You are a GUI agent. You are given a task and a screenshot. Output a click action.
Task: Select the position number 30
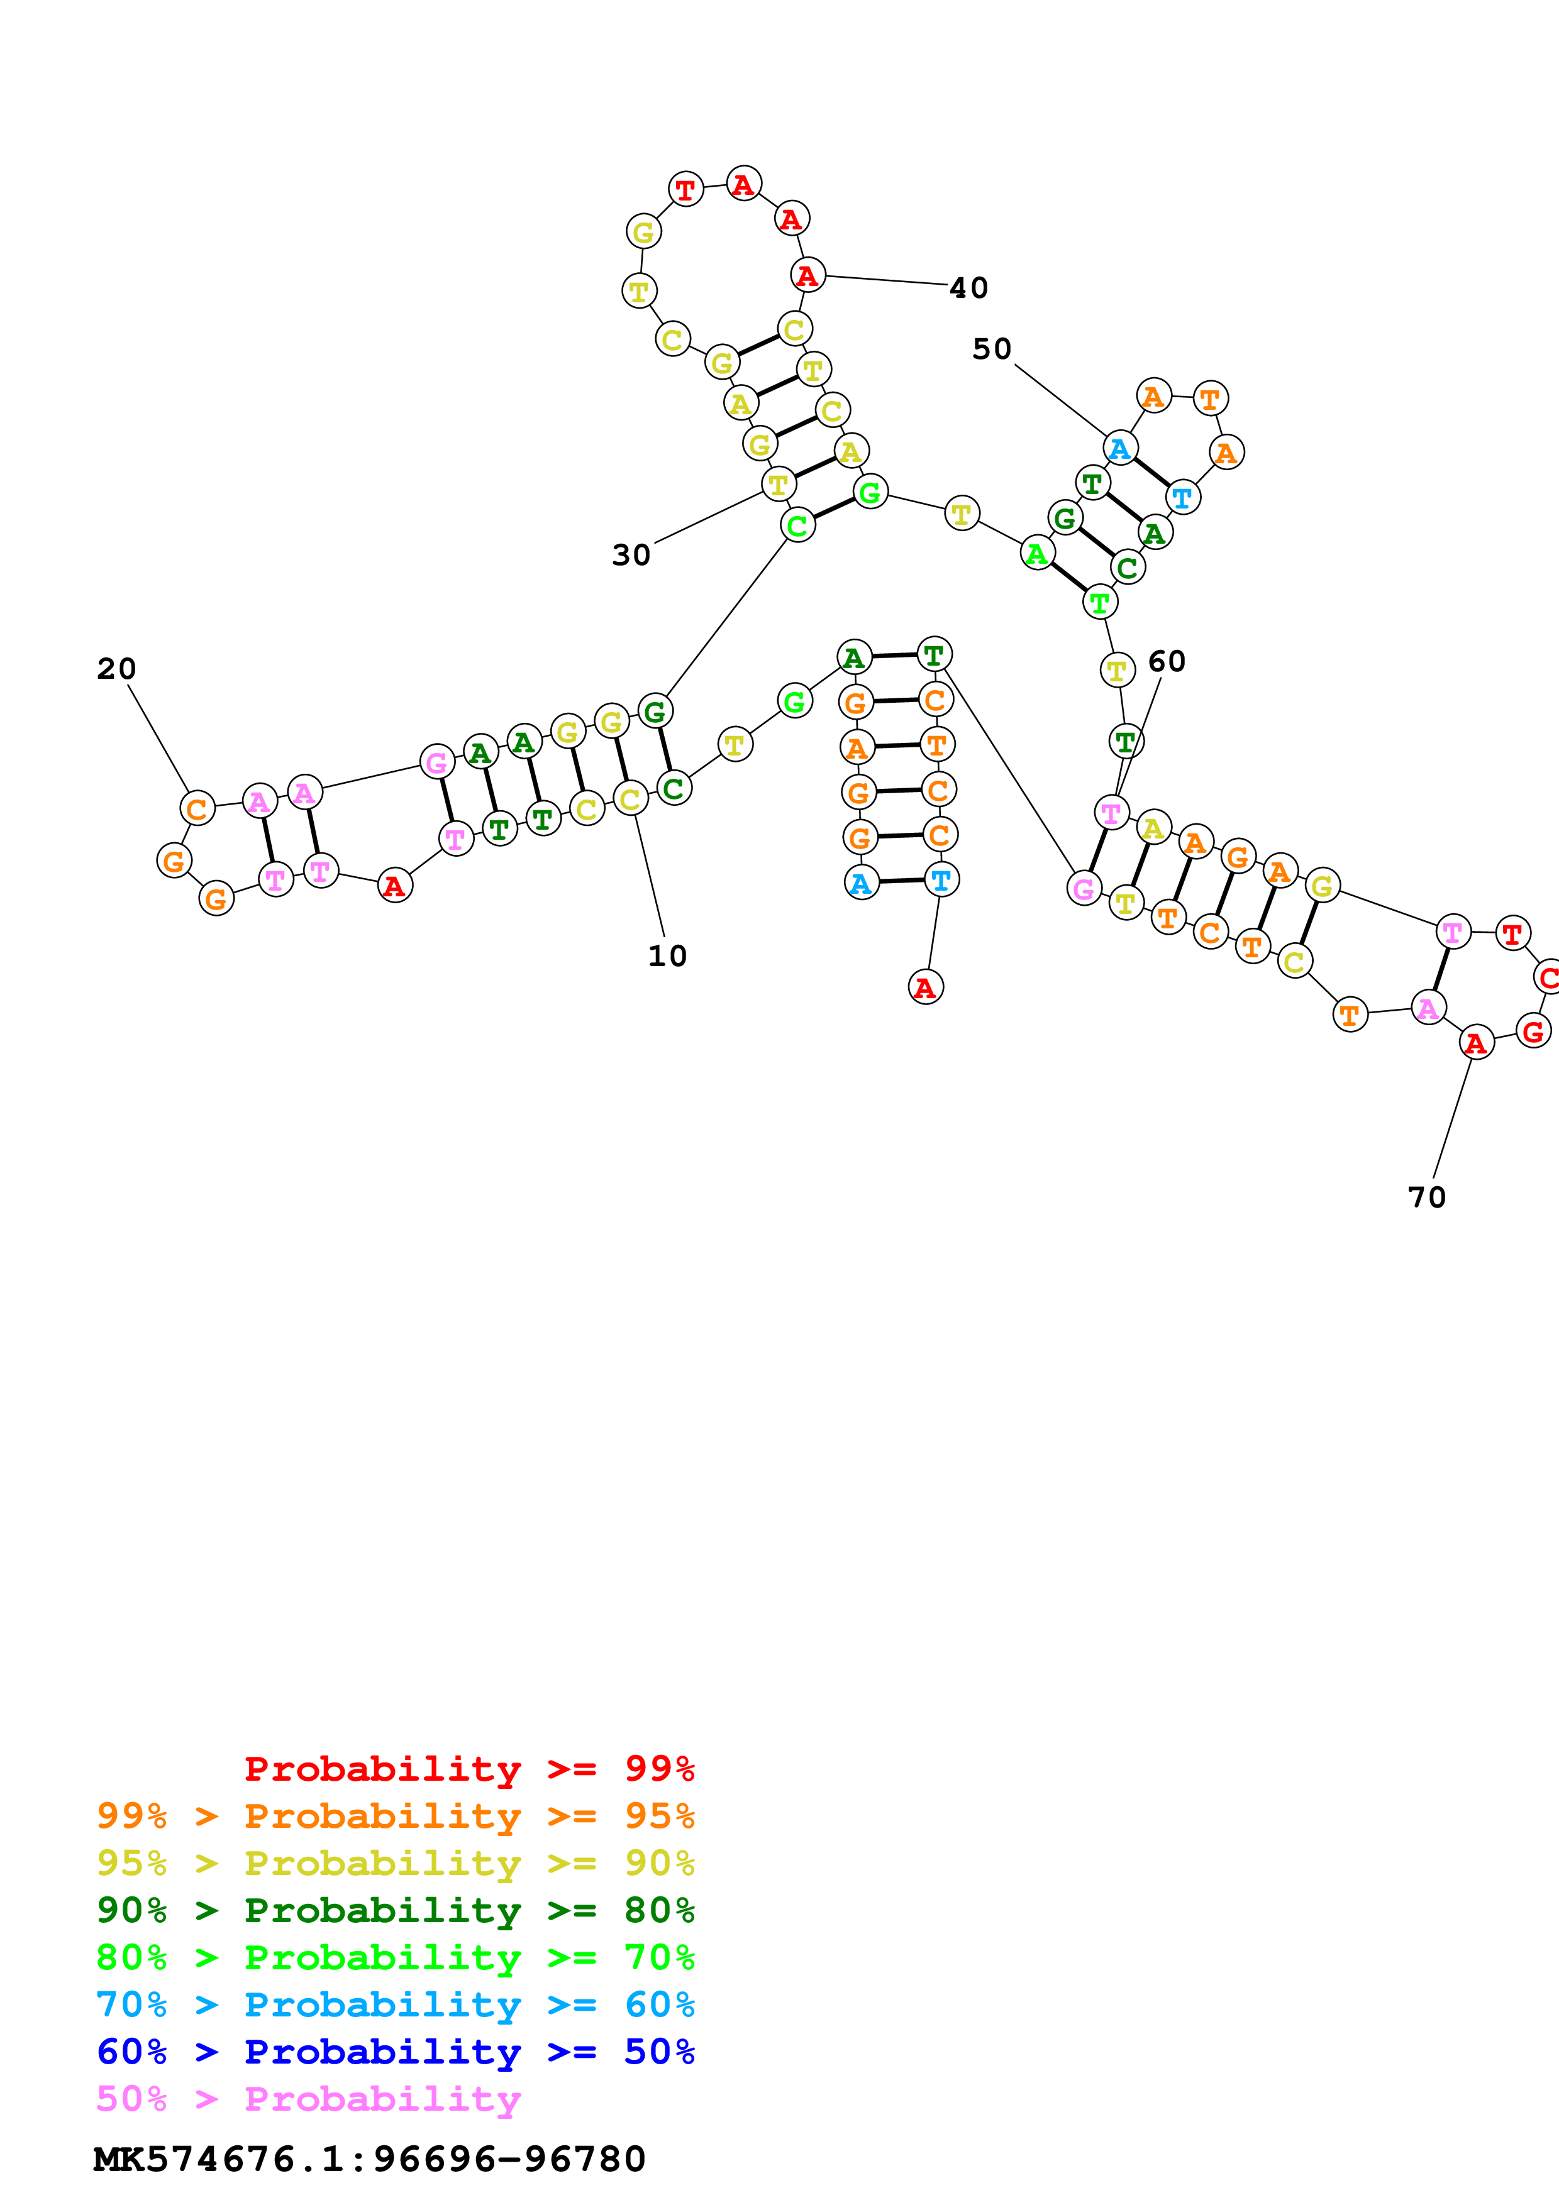click(x=631, y=555)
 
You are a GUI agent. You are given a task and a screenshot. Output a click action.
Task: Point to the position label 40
click(x=968, y=288)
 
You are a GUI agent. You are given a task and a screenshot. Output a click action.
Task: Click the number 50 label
click(x=991, y=349)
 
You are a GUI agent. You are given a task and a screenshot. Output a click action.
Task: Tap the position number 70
click(x=1426, y=1197)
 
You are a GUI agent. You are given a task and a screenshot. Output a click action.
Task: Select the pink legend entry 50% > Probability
click(x=308, y=2098)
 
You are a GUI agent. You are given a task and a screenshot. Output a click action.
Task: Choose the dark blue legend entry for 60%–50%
click(x=395, y=2052)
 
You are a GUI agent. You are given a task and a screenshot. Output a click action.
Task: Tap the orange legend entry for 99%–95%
click(x=395, y=1815)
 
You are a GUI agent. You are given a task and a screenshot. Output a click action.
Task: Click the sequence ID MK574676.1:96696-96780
click(x=369, y=2159)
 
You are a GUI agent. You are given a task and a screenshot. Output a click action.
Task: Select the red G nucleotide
click(x=1533, y=1031)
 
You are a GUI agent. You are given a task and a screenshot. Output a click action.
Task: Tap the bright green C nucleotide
click(x=797, y=525)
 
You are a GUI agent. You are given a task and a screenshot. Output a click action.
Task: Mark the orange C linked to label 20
click(x=197, y=808)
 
